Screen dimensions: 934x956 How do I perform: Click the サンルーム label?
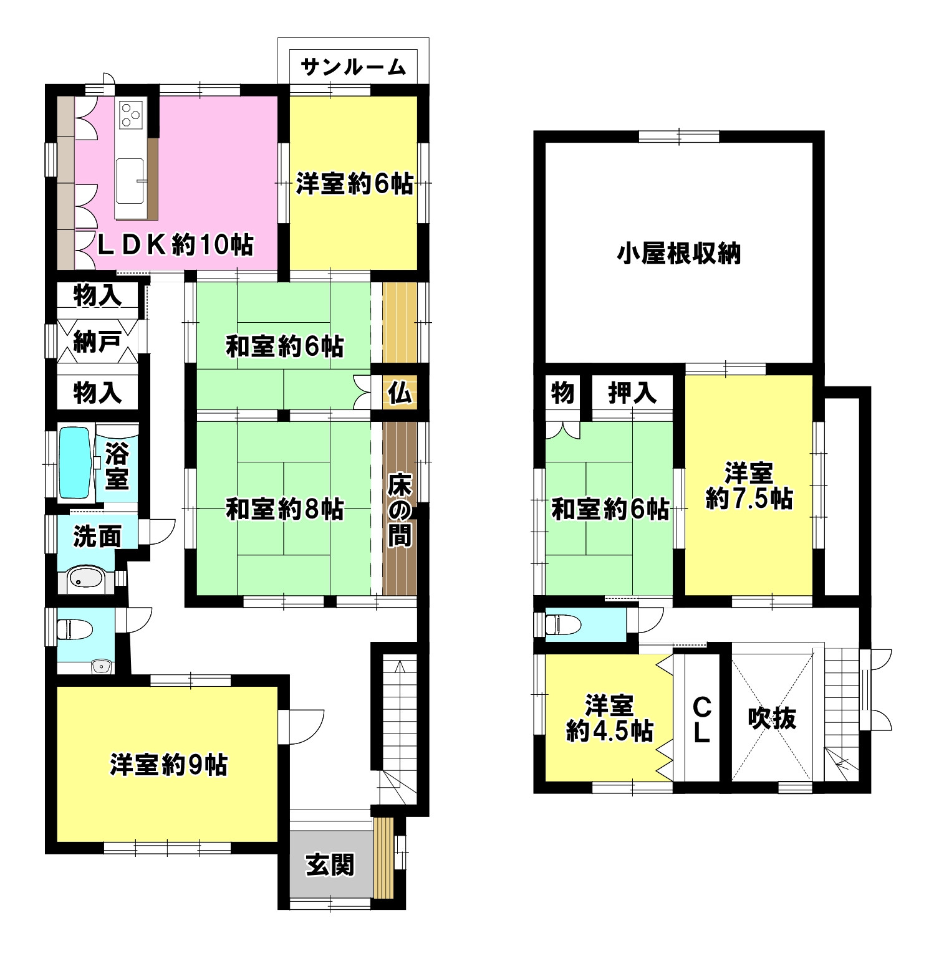pyautogui.click(x=354, y=67)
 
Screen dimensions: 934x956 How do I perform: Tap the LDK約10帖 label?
pyautogui.click(x=176, y=245)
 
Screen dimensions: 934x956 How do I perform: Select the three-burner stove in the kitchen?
pyautogui.click(x=131, y=114)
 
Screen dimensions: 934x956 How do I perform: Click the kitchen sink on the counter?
pyautogui.click(x=129, y=180)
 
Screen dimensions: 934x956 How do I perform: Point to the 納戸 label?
pyautogui.click(x=97, y=342)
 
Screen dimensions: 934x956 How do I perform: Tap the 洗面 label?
pyautogui.click(x=97, y=536)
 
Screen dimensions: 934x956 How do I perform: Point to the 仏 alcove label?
pyautogui.click(x=399, y=393)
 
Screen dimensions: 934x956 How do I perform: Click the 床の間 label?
pyautogui.click(x=399, y=510)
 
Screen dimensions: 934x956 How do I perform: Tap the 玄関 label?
pyautogui.click(x=330, y=864)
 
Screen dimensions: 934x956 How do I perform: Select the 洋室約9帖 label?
pyautogui.click(x=169, y=764)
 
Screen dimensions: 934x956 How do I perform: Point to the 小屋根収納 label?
pyautogui.click(x=679, y=254)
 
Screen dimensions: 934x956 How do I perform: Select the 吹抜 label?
pyautogui.click(x=772, y=719)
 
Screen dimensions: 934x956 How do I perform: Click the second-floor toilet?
pyautogui.click(x=561, y=623)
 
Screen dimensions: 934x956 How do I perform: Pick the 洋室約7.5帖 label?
pyautogui.click(x=749, y=486)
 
